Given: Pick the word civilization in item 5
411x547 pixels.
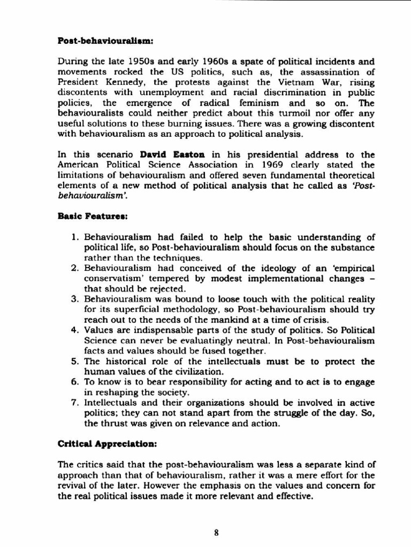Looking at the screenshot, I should point(196,371).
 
